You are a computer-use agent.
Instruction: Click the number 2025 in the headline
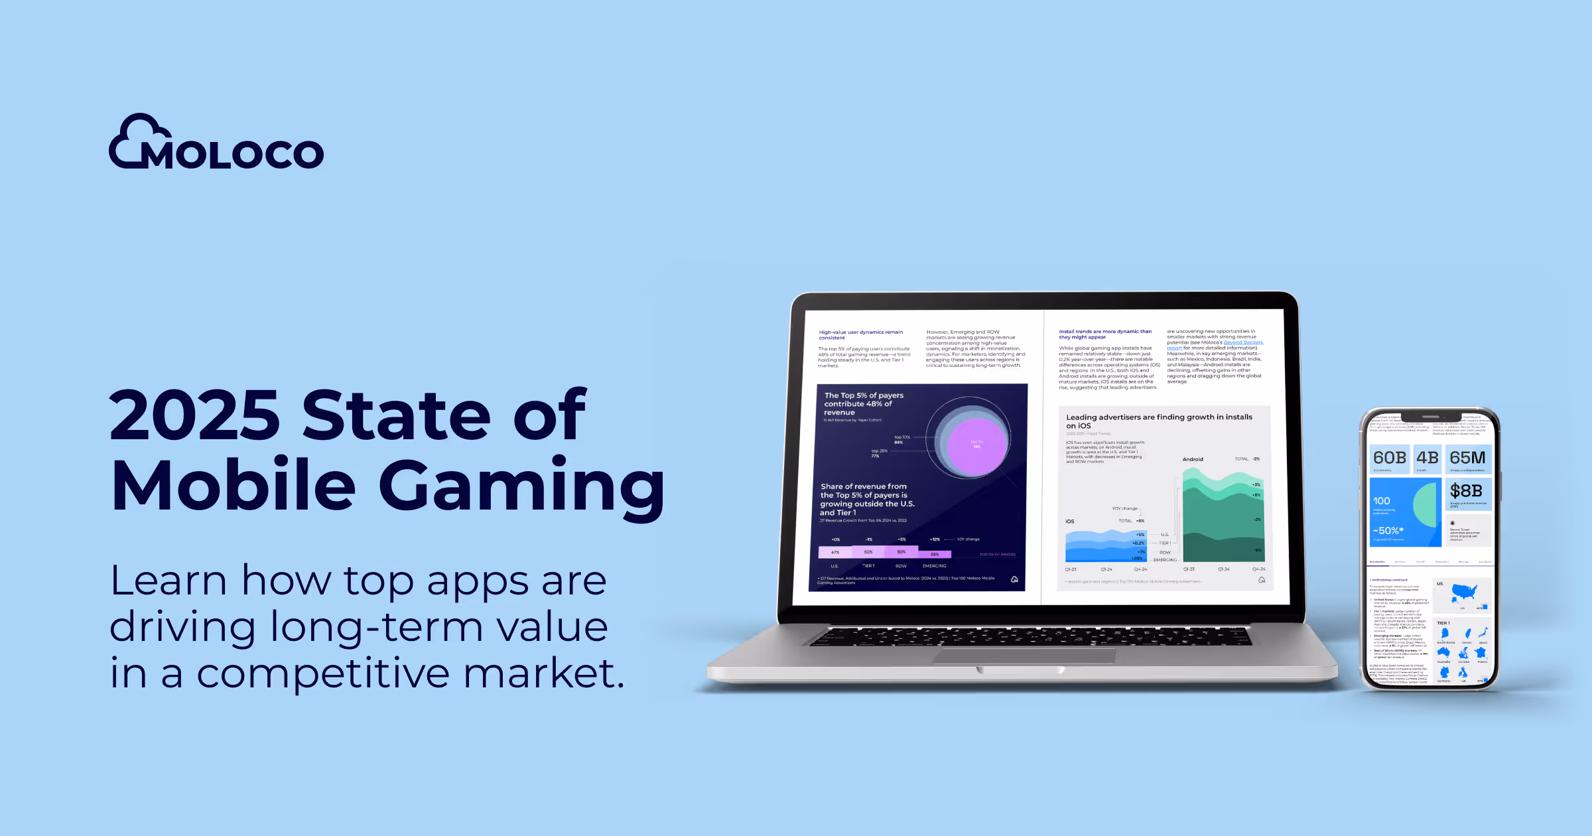194,415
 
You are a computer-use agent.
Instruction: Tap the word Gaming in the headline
521,486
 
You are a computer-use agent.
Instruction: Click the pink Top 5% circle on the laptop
977,446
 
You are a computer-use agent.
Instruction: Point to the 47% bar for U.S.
835,552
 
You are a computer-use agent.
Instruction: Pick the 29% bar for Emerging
935,554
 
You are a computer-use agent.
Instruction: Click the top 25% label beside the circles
879,453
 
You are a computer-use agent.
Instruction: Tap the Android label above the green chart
1193,459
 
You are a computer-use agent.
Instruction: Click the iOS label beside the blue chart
1070,522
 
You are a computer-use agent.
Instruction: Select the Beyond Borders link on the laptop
1243,342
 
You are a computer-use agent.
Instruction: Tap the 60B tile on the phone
1390,458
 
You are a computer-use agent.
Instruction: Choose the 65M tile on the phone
1467,458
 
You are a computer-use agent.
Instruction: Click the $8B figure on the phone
1466,491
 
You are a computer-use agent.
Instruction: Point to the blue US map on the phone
1464,591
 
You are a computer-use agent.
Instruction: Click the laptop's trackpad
1024,656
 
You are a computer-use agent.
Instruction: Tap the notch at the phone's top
1431,417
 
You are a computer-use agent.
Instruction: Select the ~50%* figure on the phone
1388,531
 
